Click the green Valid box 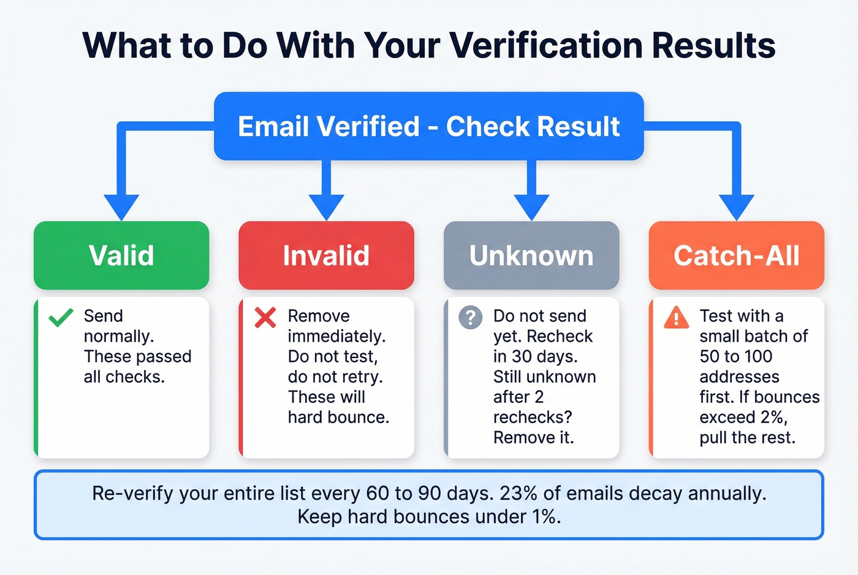click(x=121, y=255)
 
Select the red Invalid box click(x=326, y=255)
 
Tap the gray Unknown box click(x=531, y=255)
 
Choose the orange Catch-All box click(x=736, y=255)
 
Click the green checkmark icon click(x=61, y=317)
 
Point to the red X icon click(x=265, y=317)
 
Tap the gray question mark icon click(x=470, y=318)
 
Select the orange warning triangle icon click(x=676, y=318)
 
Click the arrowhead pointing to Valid click(x=121, y=207)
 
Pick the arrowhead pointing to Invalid click(x=326, y=207)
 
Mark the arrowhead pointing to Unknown click(x=531, y=207)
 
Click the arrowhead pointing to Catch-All click(x=736, y=207)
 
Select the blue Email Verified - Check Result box click(x=428, y=126)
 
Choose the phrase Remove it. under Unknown click(x=533, y=438)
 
